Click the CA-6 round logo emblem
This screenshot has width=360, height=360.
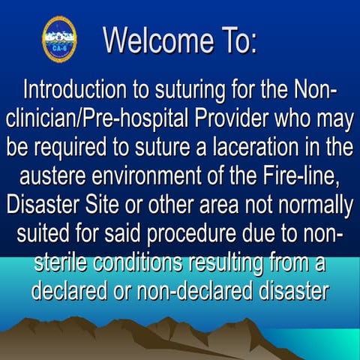point(59,38)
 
